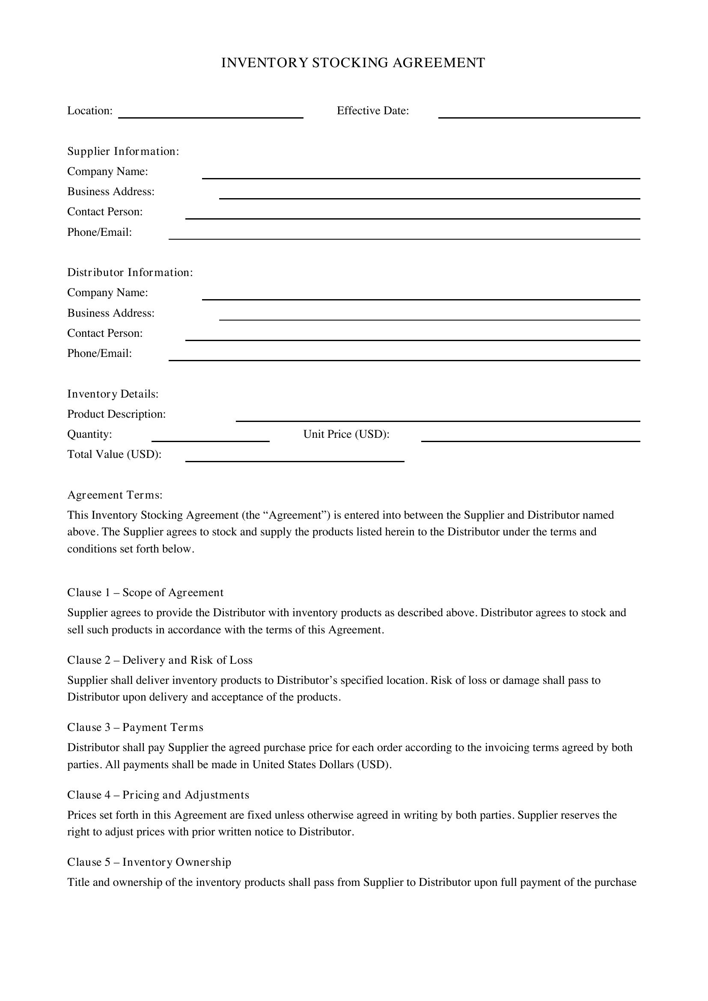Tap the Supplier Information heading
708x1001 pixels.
coord(123,151)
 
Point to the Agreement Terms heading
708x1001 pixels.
coord(115,495)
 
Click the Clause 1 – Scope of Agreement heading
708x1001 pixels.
coord(145,592)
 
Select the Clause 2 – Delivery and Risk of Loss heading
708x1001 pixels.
coord(160,660)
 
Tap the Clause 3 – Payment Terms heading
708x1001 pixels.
coord(135,727)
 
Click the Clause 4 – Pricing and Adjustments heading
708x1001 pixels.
coord(158,795)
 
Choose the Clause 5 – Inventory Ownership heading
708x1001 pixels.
coord(149,862)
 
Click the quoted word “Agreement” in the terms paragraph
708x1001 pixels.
coord(296,515)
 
